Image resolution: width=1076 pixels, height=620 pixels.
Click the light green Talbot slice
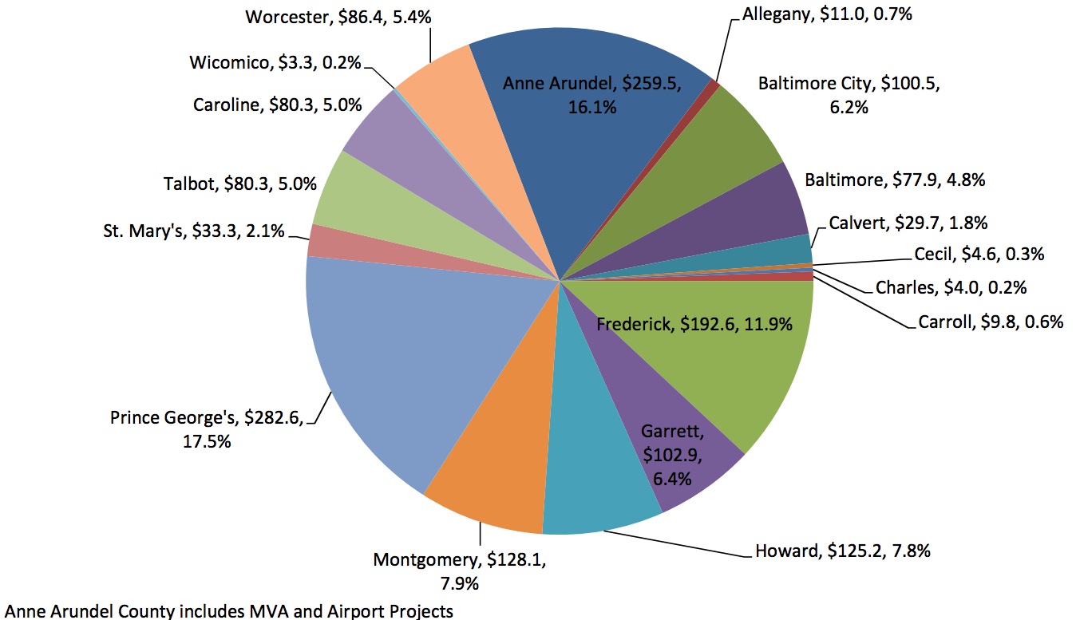coord(351,199)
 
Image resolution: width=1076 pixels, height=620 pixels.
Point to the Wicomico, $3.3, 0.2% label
coord(276,61)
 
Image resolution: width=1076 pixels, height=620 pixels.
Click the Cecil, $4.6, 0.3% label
coord(979,255)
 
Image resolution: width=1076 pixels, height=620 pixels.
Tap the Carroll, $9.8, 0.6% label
coord(991,322)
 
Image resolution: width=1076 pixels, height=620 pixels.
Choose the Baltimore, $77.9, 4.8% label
coord(895,180)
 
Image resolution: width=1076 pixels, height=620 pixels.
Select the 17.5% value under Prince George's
coord(207,440)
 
